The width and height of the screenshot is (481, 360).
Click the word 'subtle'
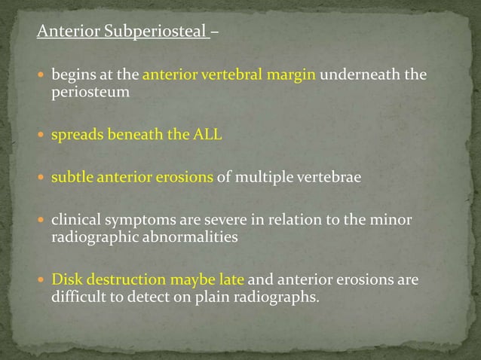coord(69,178)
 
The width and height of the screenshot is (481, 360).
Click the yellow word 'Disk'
coord(65,280)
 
